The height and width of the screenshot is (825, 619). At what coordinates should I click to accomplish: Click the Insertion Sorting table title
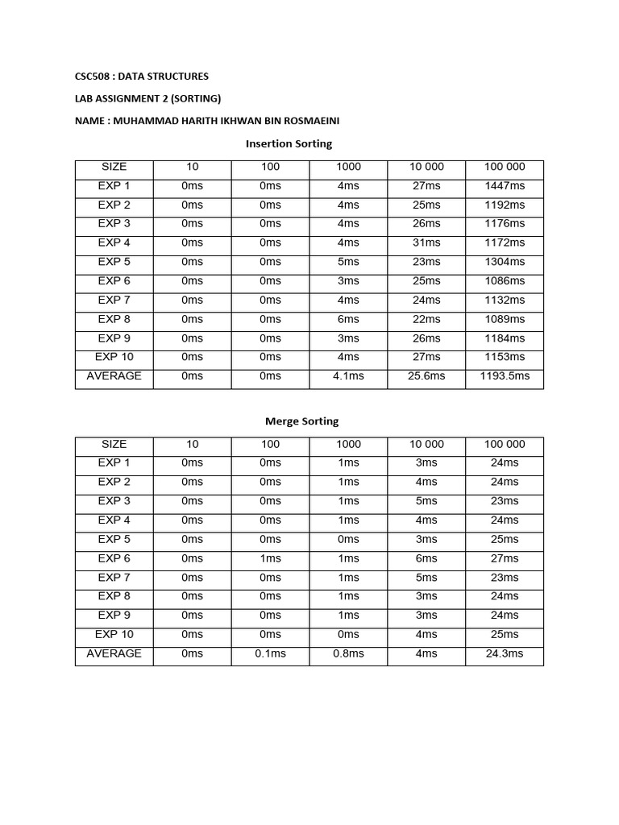(289, 143)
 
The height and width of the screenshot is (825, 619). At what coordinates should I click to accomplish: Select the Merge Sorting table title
(302, 421)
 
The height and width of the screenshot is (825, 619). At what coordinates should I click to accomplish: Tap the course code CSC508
(93, 77)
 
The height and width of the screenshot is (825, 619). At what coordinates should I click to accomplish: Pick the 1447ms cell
(505, 185)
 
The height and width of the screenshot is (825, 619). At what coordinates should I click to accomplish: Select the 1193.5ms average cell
(505, 376)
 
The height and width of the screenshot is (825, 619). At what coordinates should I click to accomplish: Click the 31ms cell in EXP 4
(426, 243)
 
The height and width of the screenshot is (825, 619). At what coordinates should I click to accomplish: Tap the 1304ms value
(505, 262)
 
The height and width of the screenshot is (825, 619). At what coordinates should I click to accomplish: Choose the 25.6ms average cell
(426, 376)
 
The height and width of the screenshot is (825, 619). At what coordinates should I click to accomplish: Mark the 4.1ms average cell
(348, 376)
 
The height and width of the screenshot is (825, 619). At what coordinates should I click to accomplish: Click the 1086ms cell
(505, 281)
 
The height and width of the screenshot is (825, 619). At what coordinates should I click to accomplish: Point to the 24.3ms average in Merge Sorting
(505, 653)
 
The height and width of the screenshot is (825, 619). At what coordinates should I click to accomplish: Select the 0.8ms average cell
(348, 653)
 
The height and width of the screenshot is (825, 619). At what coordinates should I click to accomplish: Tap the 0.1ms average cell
(271, 653)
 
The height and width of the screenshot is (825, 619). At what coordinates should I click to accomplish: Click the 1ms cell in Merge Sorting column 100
(271, 558)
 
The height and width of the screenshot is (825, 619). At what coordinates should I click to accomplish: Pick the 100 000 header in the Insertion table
(505, 167)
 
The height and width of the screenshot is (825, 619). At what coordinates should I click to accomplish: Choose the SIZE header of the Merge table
(114, 444)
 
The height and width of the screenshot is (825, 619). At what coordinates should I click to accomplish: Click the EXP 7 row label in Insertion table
(114, 300)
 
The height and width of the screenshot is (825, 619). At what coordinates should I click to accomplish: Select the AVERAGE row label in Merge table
(114, 653)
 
